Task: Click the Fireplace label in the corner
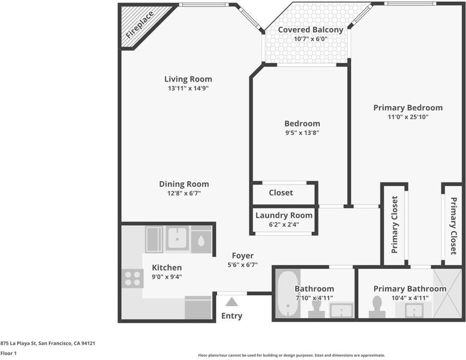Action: (x=140, y=25)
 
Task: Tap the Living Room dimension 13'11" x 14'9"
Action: (x=188, y=88)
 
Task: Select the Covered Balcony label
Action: (x=311, y=30)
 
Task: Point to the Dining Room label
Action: (x=184, y=184)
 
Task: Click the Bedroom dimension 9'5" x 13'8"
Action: (x=302, y=133)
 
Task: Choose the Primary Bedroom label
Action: (x=408, y=107)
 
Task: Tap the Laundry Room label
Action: (x=284, y=215)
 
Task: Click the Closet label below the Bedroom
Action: (x=281, y=193)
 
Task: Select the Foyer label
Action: (x=243, y=256)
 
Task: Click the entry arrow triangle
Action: (x=232, y=302)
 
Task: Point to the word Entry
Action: (x=232, y=316)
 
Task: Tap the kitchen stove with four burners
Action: (x=133, y=278)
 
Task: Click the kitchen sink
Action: (x=177, y=238)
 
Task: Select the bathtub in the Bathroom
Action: (x=287, y=294)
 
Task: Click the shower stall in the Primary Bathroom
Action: (x=447, y=293)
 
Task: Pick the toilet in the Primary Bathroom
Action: (x=377, y=307)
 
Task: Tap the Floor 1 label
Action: (x=8, y=353)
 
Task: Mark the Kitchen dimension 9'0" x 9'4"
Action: (x=167, y=277)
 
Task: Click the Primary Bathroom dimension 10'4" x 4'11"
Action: (x=410, y=298)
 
